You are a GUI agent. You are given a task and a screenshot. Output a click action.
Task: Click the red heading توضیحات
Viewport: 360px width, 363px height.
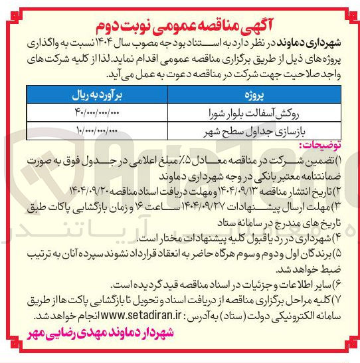tap(319, 146)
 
